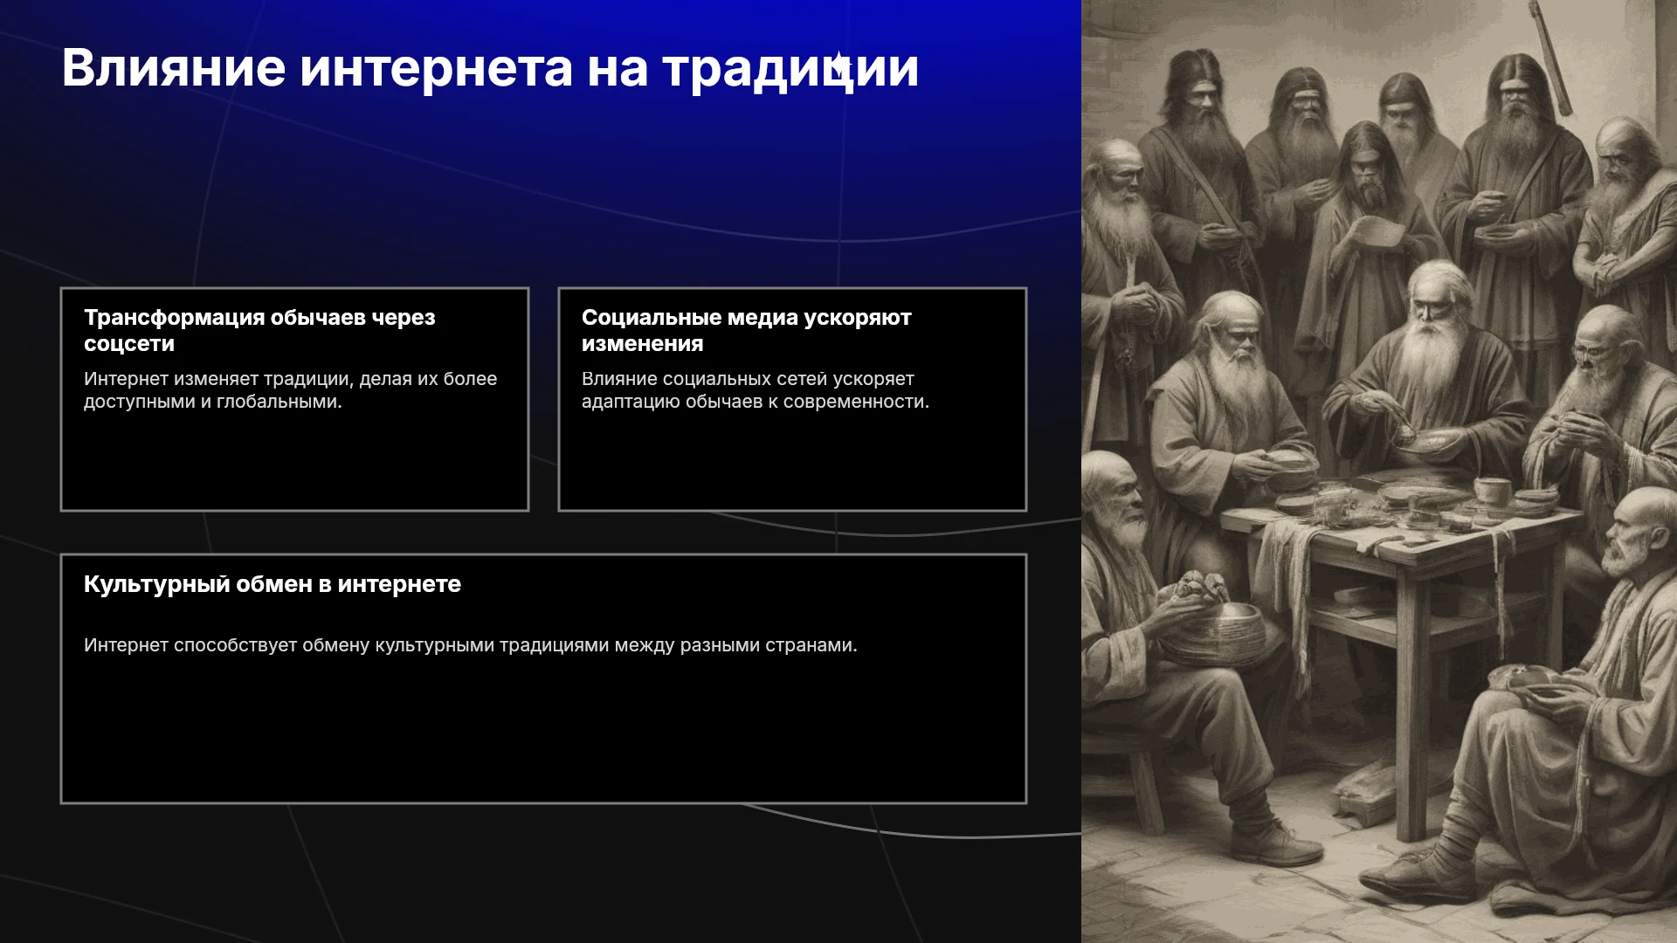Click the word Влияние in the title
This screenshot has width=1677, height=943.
tap(174, 68)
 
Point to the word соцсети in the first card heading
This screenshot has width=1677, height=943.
tap(129, 344)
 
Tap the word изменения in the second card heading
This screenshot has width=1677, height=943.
tap(643, 344)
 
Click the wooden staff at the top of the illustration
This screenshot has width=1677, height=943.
tap(1550, 57)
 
